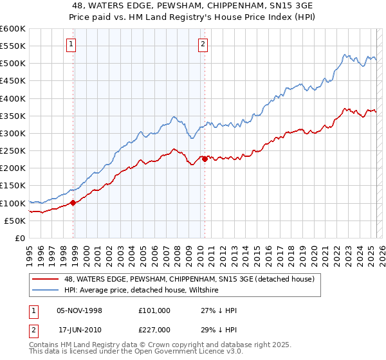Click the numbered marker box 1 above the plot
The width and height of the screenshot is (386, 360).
(70, 44)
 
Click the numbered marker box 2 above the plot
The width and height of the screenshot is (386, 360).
(203, 44)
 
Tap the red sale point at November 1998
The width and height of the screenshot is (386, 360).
(73, 203)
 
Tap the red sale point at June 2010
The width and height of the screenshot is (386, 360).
(205, 159)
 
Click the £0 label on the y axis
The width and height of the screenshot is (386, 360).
(21, 239)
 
